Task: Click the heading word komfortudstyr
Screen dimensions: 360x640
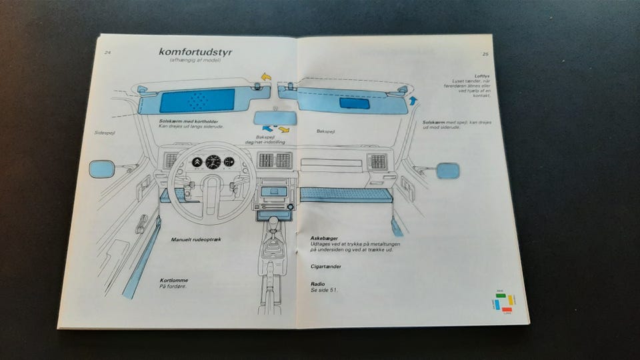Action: (x=195, y=51)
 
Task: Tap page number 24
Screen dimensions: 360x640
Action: (x=107, y=51)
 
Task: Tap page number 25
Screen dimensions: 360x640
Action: (x=485, y=55)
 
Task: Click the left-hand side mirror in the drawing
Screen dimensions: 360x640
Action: (x=102, y=169)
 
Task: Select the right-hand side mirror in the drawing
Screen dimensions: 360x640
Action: (x=448, y=171)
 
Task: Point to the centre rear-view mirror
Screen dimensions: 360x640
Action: (x=275, y=118)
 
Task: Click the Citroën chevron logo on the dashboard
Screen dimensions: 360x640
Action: (x=197, y=161)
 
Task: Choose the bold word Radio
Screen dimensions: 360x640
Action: (x=317, y=284)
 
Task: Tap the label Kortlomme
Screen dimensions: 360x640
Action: (x=173, y=280)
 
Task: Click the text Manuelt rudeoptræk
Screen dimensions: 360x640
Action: (x=195, y=239)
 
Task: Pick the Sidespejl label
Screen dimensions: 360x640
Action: (x=105, y=133)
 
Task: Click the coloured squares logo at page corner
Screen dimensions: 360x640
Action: (x=504, y=302)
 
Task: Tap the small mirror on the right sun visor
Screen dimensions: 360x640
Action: (x=354, y=103)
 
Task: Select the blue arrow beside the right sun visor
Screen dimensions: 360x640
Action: (x=413, y=101)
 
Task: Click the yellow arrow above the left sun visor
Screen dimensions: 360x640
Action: (x=266, y=77)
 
